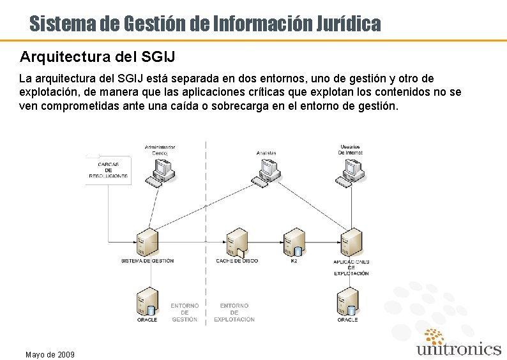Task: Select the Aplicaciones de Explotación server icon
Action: tap(351, 243)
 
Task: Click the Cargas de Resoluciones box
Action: tap(109, 170)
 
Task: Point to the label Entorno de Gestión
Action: tap(185, 312)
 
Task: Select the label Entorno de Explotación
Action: tap(234, 312)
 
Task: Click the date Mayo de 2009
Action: tap(49, 354)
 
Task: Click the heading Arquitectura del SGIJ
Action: tap(98, 57)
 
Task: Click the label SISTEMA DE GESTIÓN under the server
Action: tap(148, 261)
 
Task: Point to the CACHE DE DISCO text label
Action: tap(237, 261)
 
